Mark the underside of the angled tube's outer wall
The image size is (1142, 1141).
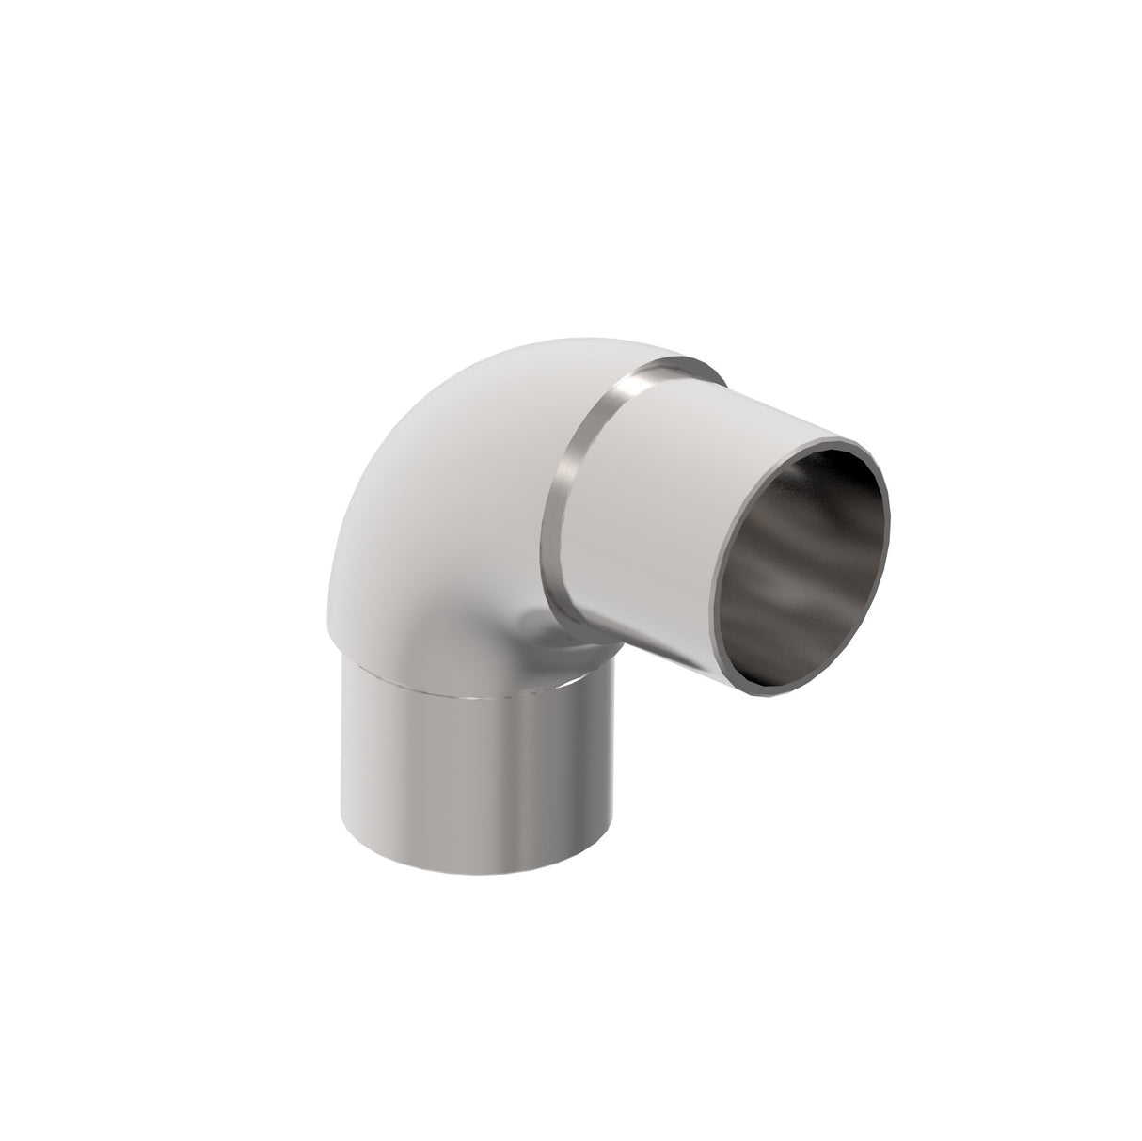click(x=658, y=649)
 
